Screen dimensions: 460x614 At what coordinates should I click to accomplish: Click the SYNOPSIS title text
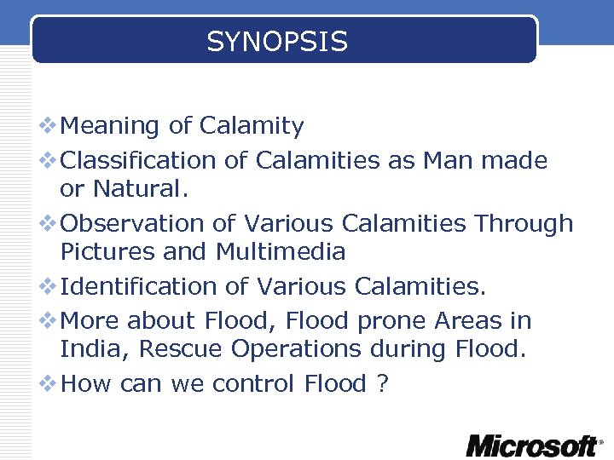(277, 41)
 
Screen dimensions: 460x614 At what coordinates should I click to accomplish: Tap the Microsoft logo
(533, 445)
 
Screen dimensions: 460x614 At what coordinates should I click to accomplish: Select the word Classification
(139, 160)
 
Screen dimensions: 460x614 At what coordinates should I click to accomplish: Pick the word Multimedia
(281, 252)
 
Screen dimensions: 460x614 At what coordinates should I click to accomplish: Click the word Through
(524, 224)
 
